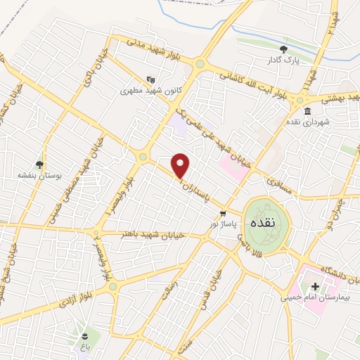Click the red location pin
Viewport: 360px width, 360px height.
coord(181,166)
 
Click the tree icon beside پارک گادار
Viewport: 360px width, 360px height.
coord(283,49)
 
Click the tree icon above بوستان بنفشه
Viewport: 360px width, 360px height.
coord(39,164)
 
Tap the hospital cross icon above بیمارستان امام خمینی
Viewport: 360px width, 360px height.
coord(315,286)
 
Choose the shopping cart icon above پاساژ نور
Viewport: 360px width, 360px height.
coord(223,213)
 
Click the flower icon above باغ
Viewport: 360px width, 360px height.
coord(85,336)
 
